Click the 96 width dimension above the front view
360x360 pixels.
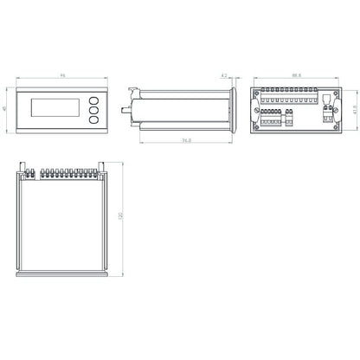(63, 78)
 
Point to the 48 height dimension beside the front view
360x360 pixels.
(7, 109)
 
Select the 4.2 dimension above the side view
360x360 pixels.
(223, 76)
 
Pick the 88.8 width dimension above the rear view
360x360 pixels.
(297, 76)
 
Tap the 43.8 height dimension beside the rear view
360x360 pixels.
(356, 109)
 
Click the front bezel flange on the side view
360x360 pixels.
(234, 109)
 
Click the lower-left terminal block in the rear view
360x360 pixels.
(271, 120)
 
